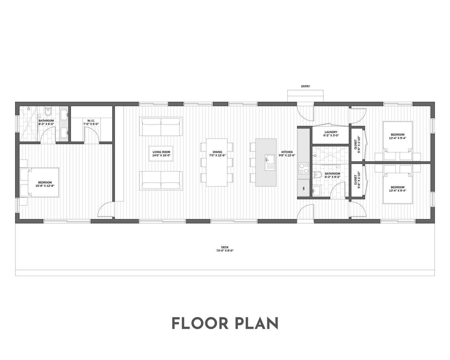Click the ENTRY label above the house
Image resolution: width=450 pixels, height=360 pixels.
[x=305, y=86]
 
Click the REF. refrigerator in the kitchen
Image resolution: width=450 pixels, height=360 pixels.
[x=303, y=188]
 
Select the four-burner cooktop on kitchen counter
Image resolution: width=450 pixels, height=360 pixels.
[x=303, y=168]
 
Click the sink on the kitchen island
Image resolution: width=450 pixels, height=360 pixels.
[x=270, y=162]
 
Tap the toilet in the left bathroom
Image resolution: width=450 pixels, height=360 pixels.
[x=48, y=112]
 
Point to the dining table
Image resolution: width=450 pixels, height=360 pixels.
[x=217, y=162]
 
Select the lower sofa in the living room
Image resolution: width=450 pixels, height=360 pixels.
[x=161, y=181]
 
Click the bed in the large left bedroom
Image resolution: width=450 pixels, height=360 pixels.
[x=43, y=182]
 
